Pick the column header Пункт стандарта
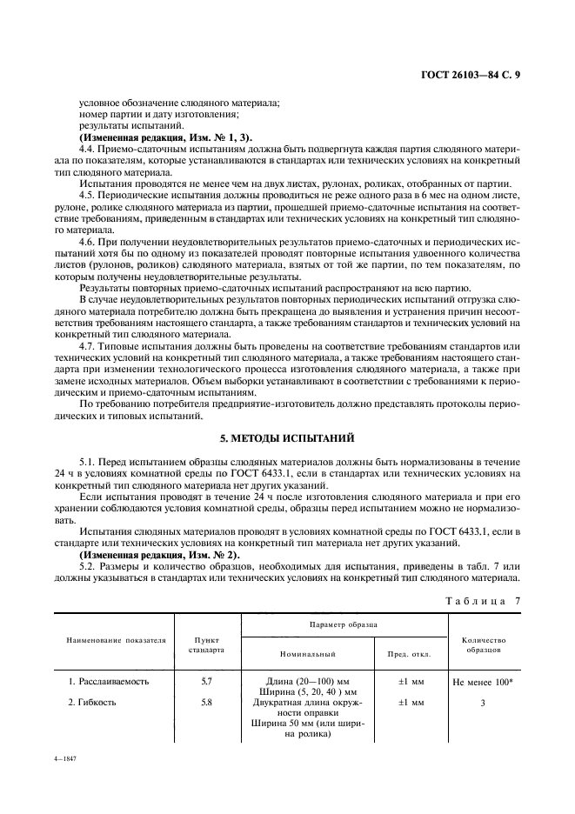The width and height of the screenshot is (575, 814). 206,644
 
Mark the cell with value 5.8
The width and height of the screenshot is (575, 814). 206,701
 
